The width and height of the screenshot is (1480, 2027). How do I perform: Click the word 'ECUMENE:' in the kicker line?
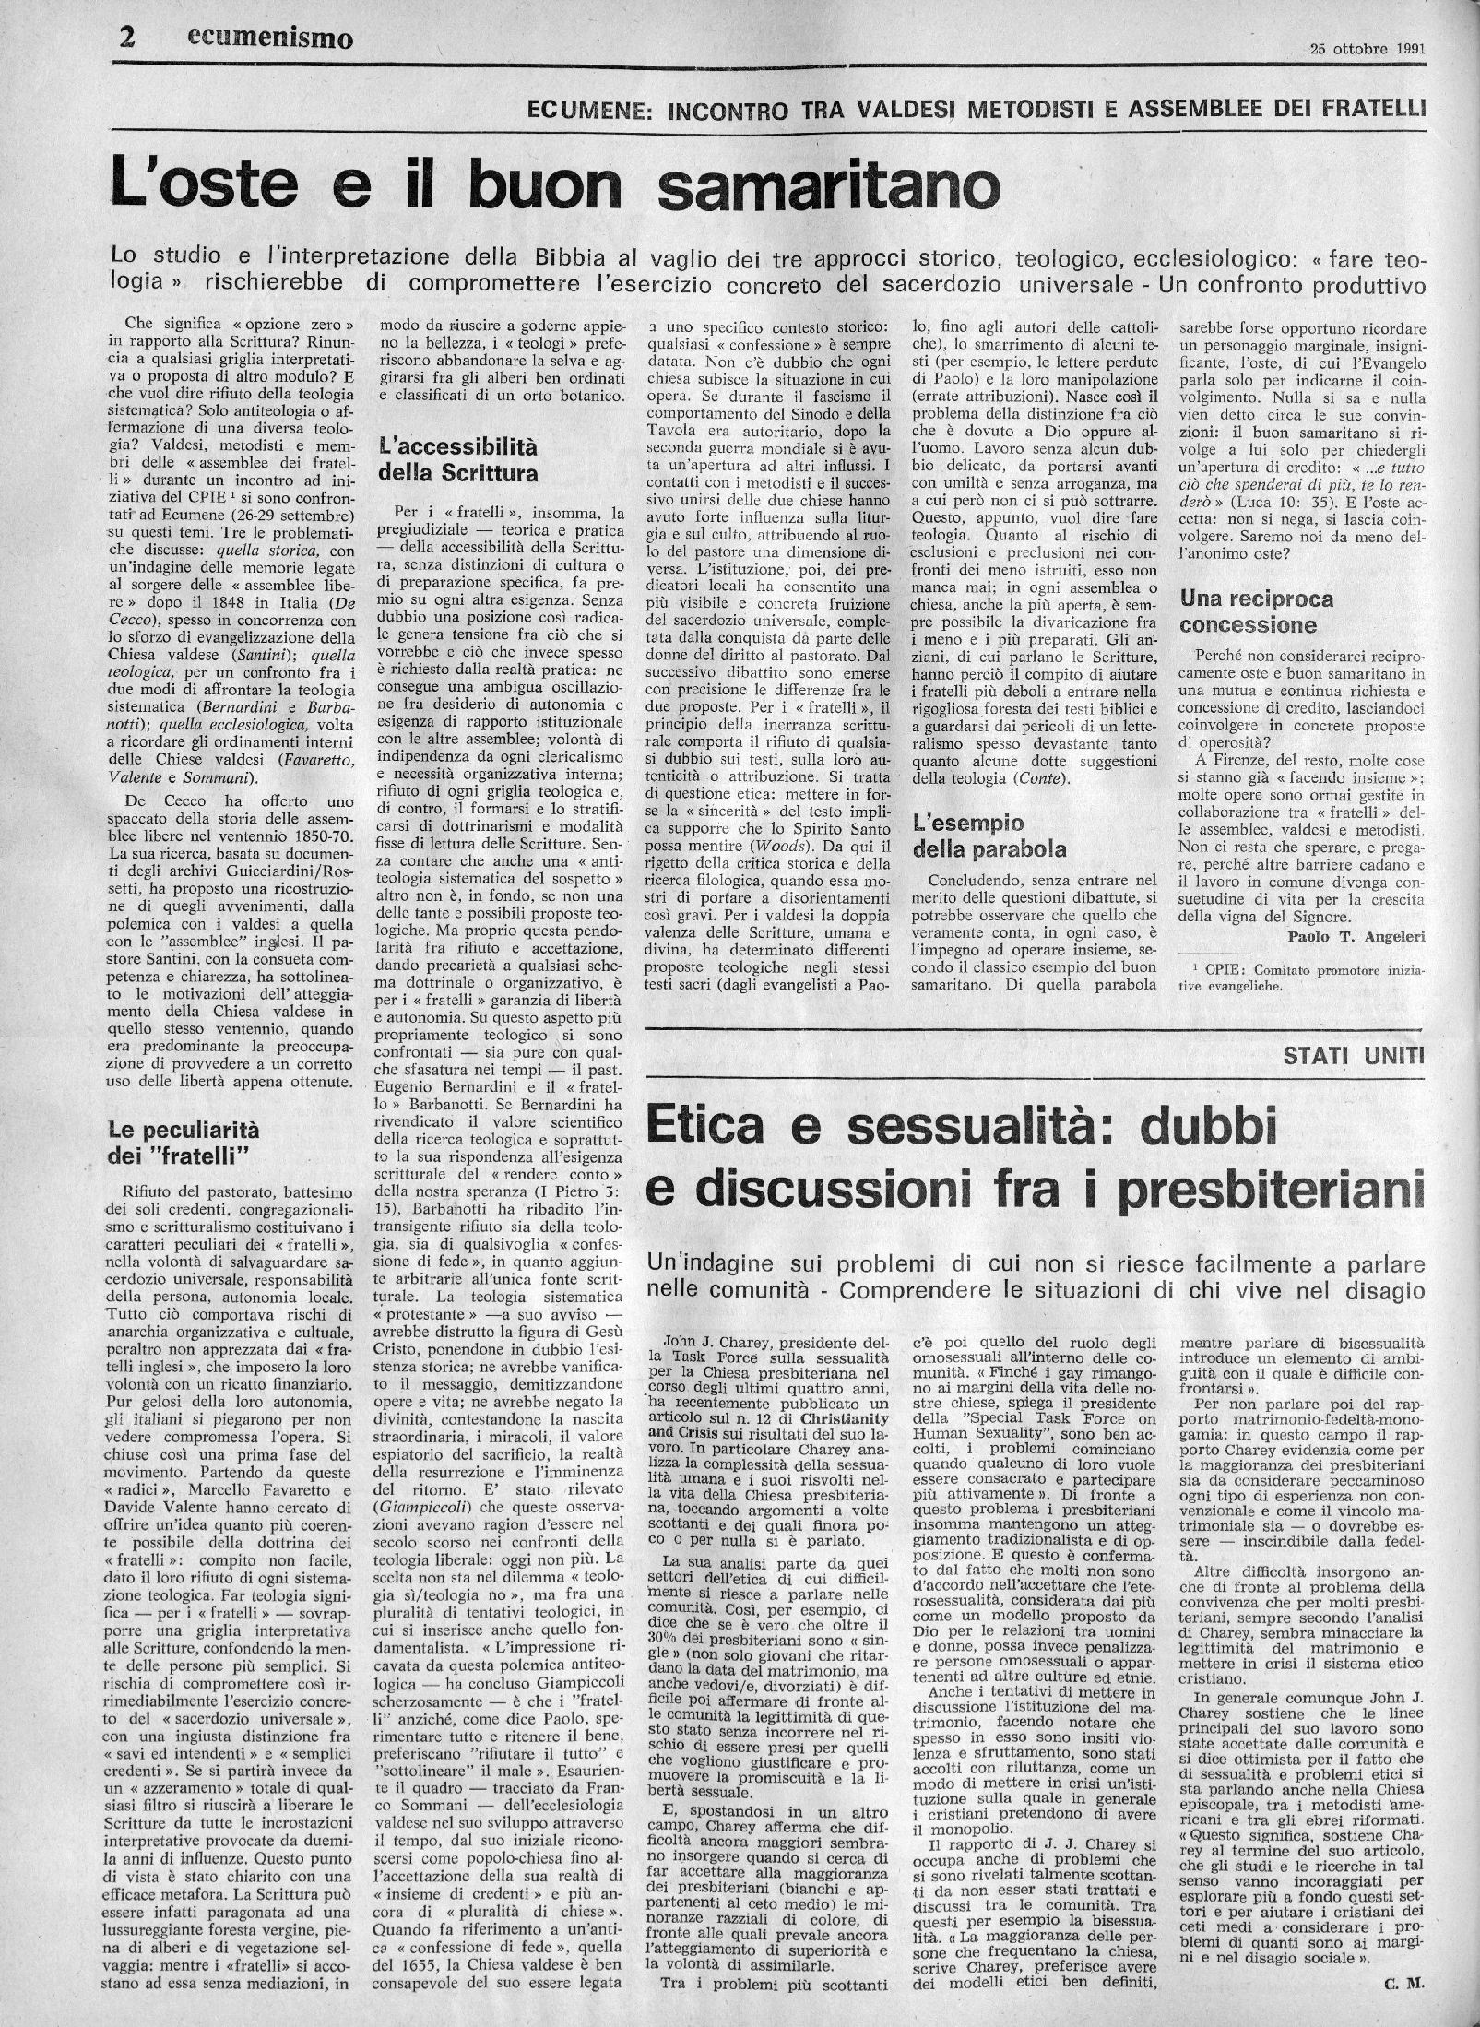588,110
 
